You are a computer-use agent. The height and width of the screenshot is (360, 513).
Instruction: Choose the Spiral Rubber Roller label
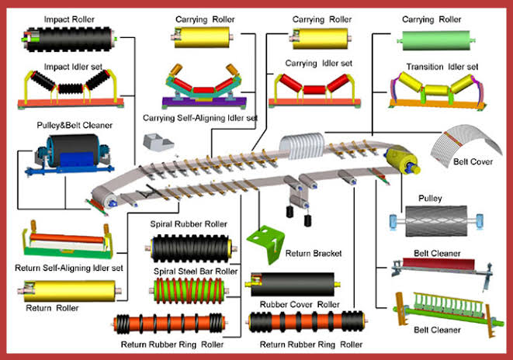point(189,224)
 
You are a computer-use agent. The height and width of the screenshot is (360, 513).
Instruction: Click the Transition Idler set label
point(440,67)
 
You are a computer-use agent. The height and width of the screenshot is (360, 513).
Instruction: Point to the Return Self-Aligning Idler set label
point(69,268)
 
